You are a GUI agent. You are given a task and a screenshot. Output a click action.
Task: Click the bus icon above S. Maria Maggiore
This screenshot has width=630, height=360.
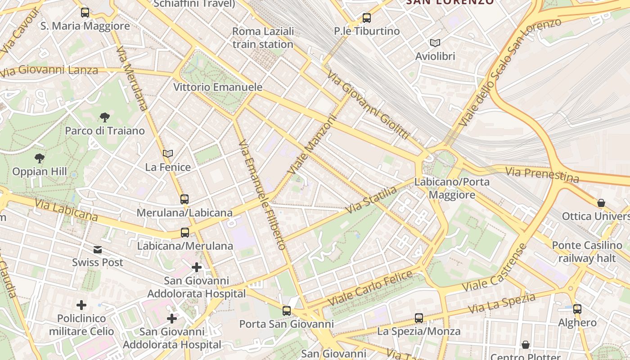[x=85, y=13]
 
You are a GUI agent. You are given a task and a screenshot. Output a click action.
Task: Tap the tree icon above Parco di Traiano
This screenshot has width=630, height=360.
[x=104, y=118]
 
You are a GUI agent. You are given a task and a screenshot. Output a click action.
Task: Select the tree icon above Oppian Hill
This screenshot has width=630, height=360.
[x=40, y=158]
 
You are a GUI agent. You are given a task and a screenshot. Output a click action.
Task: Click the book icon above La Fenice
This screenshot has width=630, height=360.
[x=168, y=154]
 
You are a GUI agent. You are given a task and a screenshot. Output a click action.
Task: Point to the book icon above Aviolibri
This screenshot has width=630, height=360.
[x=435, y=43]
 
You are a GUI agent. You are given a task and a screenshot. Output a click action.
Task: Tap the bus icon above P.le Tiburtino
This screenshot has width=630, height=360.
[x=367, y=18]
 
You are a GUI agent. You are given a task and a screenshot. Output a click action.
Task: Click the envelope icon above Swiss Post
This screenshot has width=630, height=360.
[x=98, y=250]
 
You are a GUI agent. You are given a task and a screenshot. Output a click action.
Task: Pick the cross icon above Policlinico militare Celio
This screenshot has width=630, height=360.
[x=81, y=306]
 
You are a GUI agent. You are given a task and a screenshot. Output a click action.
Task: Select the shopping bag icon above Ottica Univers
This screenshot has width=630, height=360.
[x=601, y=203]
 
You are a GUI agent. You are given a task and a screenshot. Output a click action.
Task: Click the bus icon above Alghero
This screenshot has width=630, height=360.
[x=577, y=309]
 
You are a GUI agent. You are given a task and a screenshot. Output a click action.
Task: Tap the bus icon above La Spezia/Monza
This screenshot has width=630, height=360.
[x=419, y=318]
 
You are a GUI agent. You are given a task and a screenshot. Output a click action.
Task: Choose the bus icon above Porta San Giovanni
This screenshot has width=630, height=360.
[x=287, y=310]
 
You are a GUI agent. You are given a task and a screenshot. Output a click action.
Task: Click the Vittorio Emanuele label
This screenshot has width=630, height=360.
[x=218, y=87]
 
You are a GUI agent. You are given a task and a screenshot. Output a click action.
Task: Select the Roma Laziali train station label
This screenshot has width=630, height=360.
[x=263, y=38]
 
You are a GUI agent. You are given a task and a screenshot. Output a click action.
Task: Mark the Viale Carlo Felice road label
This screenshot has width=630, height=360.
[x=370, y=287]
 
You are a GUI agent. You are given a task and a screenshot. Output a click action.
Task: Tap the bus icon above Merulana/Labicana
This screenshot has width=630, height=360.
[x=184, y=199]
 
